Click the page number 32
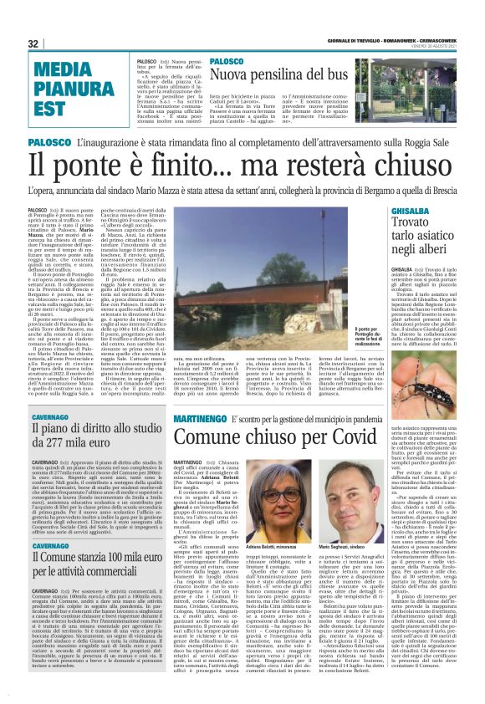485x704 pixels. click(x=33, y=43)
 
